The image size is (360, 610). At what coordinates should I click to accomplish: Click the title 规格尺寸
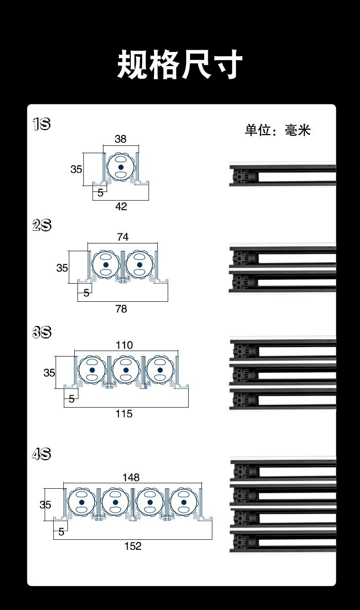180,65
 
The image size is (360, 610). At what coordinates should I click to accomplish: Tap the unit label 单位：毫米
278,130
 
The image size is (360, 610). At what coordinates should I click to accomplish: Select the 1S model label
41,124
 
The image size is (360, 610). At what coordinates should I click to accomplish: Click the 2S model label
42,225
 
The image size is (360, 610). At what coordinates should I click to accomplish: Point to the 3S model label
42,332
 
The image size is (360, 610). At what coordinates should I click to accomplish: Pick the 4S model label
41,454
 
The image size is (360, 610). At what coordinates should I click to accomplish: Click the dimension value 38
120,139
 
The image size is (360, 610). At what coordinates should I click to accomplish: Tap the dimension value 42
121,207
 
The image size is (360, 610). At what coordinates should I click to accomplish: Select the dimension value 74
123,237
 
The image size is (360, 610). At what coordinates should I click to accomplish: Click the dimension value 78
121,309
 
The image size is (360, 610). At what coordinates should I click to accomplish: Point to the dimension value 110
124,345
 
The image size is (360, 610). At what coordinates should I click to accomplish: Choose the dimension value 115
124,414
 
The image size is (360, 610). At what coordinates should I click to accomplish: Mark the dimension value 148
131,477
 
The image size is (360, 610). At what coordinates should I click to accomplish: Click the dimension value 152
133,546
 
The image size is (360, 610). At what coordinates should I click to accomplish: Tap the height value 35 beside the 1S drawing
76,169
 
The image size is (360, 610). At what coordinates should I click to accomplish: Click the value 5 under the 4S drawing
61,532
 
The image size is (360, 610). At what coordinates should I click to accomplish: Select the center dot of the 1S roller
121,167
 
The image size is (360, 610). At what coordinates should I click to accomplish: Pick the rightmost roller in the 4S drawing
184,502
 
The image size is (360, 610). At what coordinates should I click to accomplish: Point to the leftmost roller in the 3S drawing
92,370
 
